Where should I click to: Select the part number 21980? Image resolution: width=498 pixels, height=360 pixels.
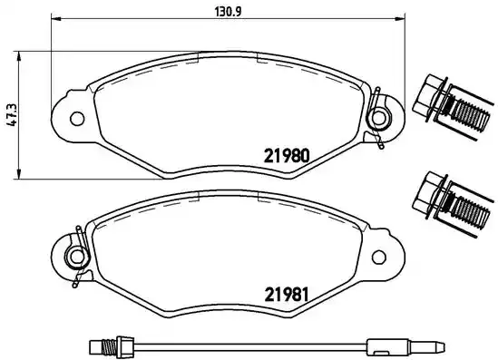click(288, 154)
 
